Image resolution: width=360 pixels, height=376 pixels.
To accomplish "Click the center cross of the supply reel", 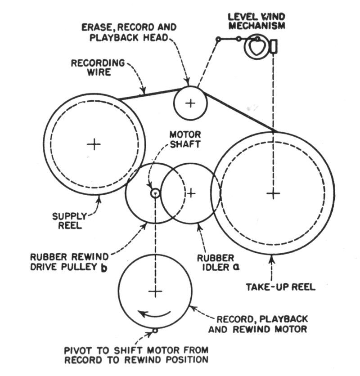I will tap(94, 144).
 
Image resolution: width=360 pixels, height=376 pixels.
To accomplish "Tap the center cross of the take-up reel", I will tap(273, 193).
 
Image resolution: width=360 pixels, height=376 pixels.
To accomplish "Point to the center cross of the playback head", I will tap(190, 103).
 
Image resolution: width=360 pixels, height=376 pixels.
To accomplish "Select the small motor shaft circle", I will tap(155, 193).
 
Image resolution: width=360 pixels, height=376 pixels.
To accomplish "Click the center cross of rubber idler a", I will tap(191, 193).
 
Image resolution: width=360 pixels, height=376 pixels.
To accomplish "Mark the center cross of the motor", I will tap(155, 292).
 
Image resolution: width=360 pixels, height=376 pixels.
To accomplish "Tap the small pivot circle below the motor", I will tap(155, 331).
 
